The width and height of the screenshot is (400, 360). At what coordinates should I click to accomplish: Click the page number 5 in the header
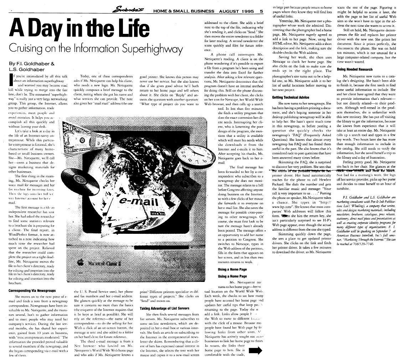tap(261, 11)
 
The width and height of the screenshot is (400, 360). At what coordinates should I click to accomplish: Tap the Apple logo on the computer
tap(81, 263)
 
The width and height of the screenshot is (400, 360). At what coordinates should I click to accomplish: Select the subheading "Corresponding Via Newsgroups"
tap(31, 290)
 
